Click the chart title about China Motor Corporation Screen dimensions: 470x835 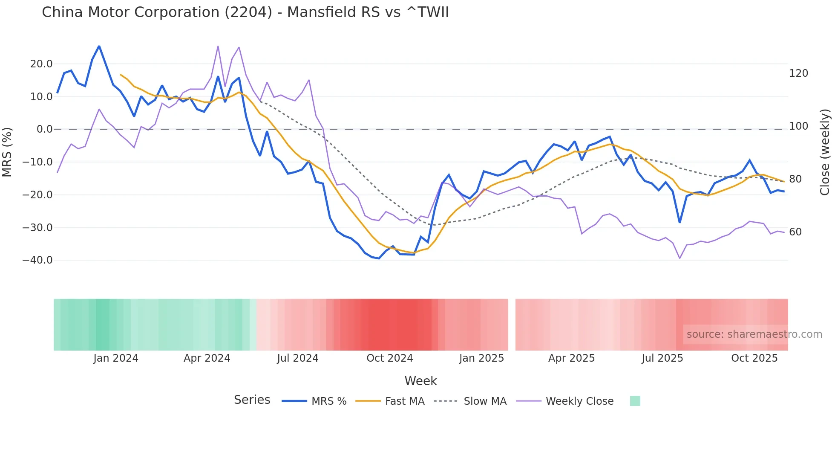pos(245,12)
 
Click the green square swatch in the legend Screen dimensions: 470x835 pos(635,401)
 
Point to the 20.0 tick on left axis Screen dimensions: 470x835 pos(41,64)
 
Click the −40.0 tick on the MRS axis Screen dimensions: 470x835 pos(37,260)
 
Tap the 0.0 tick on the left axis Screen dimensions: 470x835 pos(44,129)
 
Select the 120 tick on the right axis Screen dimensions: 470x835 pos(798,73)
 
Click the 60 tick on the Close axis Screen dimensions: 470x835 pos(795,232)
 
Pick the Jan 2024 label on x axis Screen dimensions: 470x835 pos(116,358)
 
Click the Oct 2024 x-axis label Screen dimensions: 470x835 pos(389,358)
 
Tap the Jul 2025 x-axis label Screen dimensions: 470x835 pos(662,358)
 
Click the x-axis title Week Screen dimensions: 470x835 pos(420,381)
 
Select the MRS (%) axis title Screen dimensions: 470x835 pos(7,152)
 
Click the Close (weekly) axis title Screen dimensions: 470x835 pos(825,152)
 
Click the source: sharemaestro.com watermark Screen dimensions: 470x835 pos(754,334)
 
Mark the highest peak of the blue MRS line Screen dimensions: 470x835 pos(99,46)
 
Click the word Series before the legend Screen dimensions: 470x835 pos(252,400)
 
